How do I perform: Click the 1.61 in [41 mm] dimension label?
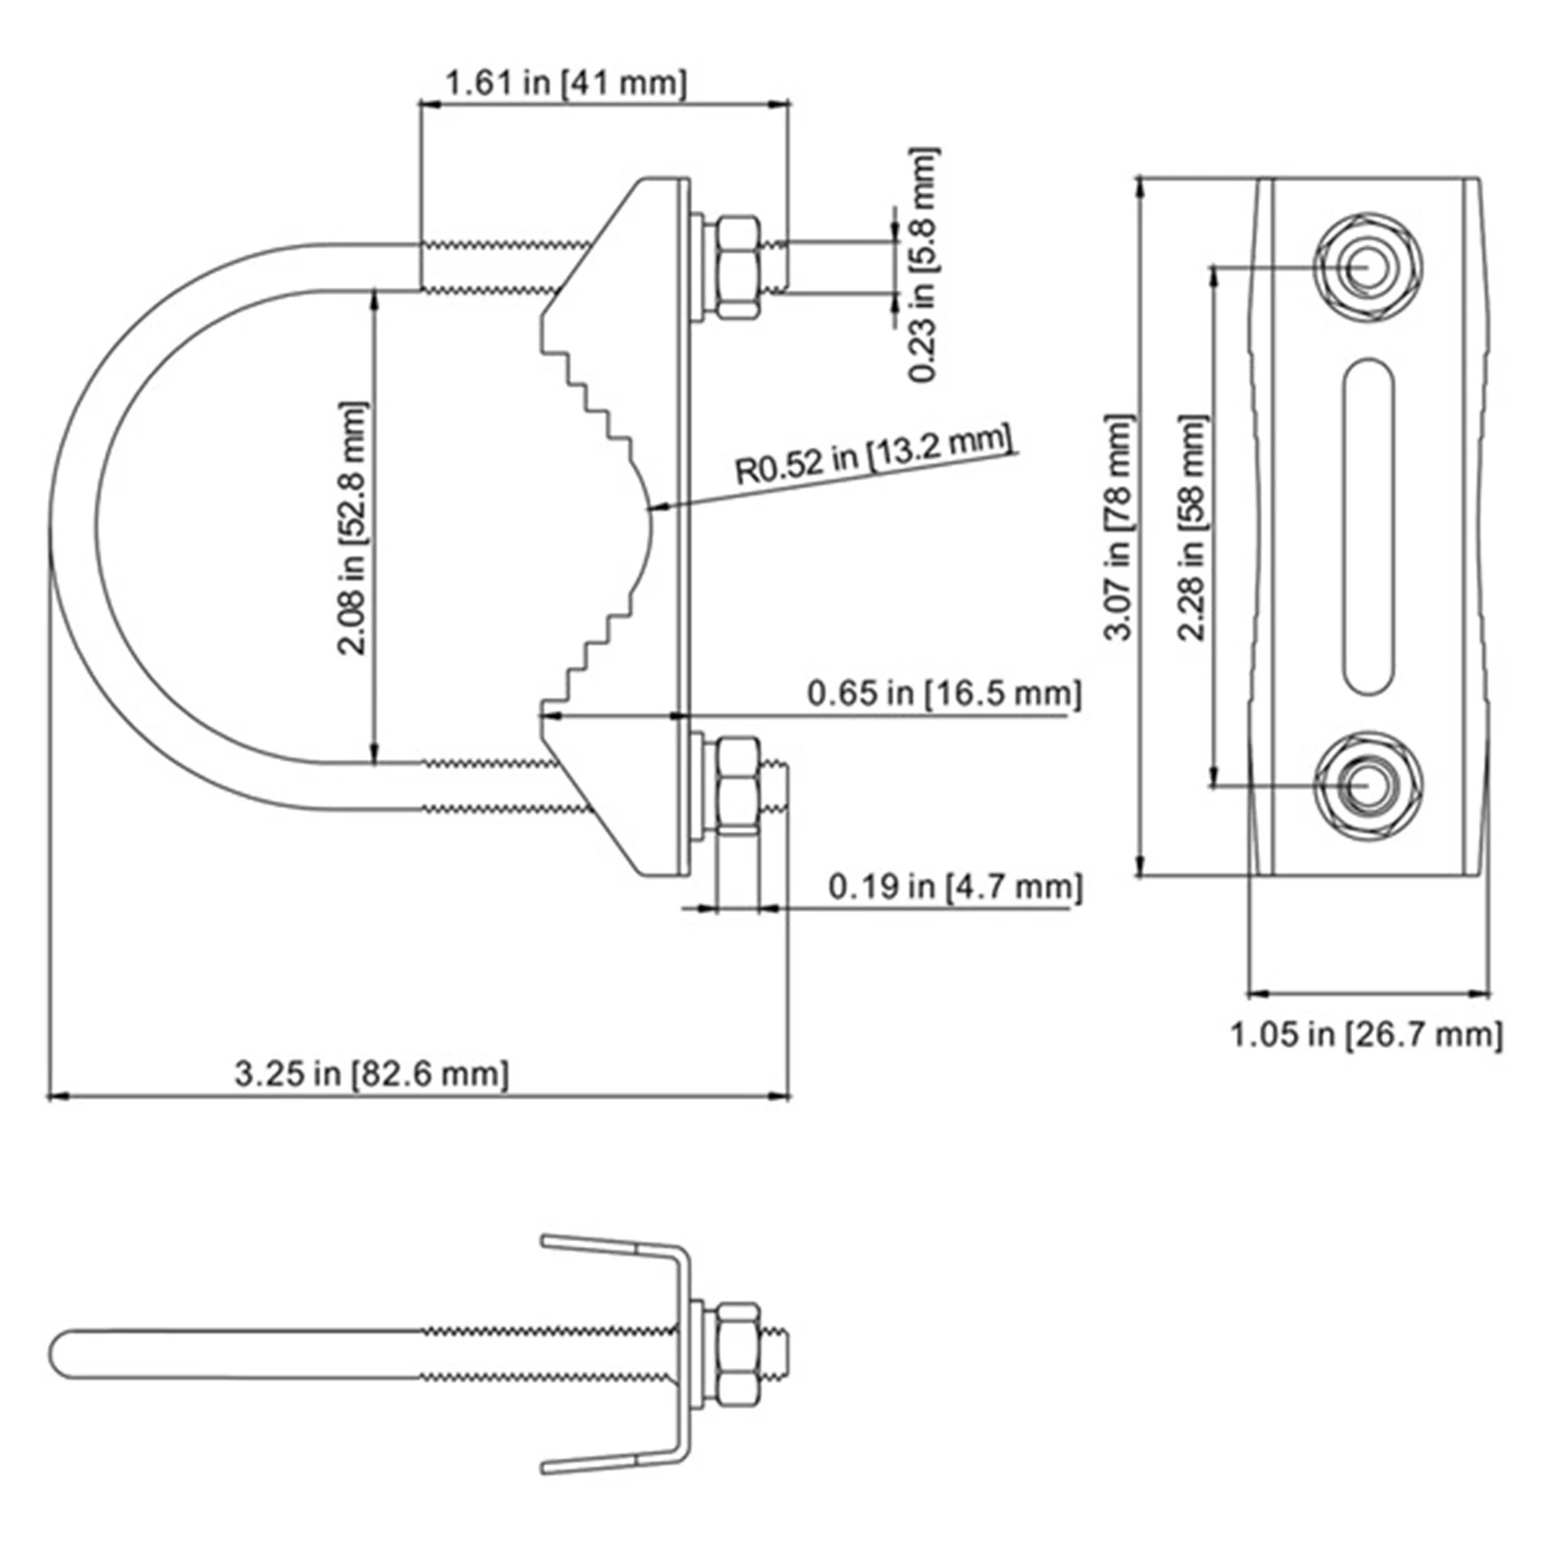click(x=565, y=83)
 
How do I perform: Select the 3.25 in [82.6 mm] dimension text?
click(x=371, y=1074)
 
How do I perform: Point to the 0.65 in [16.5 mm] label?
click(x=944, y=693)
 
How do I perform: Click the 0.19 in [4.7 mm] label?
click(x=955, y=886)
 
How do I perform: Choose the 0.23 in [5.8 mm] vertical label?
click(x=923, y=265)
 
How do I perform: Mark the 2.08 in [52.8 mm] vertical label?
click(x=352, y=528)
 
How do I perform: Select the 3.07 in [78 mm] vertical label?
click(x=1118, y=528)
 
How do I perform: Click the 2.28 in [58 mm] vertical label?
click(x=1191, y=528)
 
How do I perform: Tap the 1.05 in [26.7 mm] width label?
click(x=1365, y=1035)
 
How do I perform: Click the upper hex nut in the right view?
click(x=1367, y=268)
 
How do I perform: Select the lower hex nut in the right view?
click(x=1367, y=784)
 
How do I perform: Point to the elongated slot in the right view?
click(x=1369, y=526)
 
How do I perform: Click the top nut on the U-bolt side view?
click(x=737, y=267)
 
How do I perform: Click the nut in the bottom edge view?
click(x=737, y=1355)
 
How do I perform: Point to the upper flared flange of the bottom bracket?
click(x=610, y=1245)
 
